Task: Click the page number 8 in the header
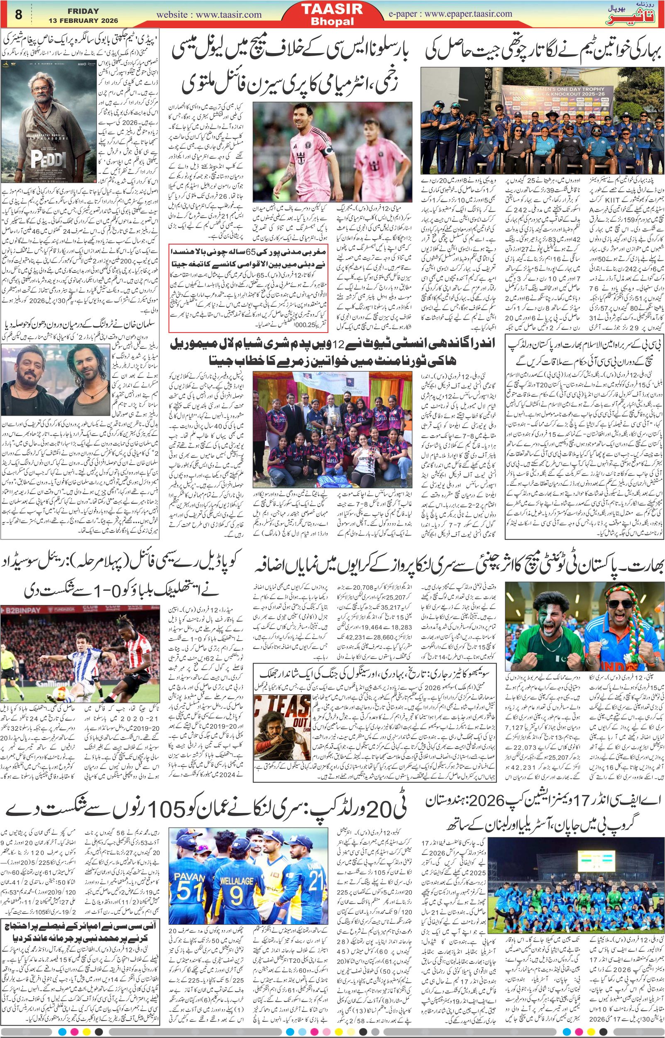[x=19, y=15]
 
